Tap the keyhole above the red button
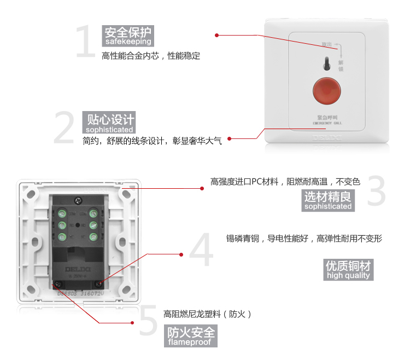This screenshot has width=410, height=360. click(325, 63)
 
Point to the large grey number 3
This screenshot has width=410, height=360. click(376, 190)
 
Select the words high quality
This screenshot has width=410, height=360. click(349, 276)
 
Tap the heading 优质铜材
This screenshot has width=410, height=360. click(348, 266)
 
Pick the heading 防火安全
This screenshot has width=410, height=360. click(191, 332)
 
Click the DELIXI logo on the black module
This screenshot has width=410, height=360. click(76, 271)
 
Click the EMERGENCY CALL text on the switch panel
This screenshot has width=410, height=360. click(327, 124)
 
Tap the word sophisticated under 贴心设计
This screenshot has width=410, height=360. click(108, 130)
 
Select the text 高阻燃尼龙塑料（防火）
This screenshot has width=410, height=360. click(207, 314)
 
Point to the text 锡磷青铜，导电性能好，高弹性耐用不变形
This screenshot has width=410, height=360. click(304, 239)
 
